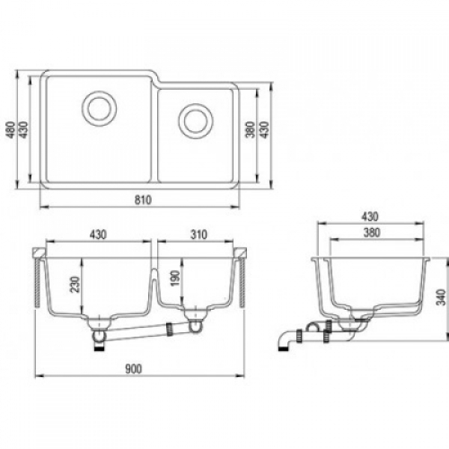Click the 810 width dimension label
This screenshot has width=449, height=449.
[143, 200]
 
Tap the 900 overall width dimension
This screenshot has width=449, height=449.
[133, 369]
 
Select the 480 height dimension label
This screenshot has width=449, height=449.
[11, 129]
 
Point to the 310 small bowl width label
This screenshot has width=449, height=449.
[199, 235]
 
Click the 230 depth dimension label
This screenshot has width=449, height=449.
[75, 284]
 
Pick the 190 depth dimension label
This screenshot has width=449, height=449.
[175, 278]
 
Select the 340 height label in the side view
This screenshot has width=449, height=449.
[442, 297]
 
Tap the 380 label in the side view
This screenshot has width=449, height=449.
[372, 233]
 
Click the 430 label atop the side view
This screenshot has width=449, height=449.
[370, 216]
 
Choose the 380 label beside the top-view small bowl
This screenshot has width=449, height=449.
[250, 129]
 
